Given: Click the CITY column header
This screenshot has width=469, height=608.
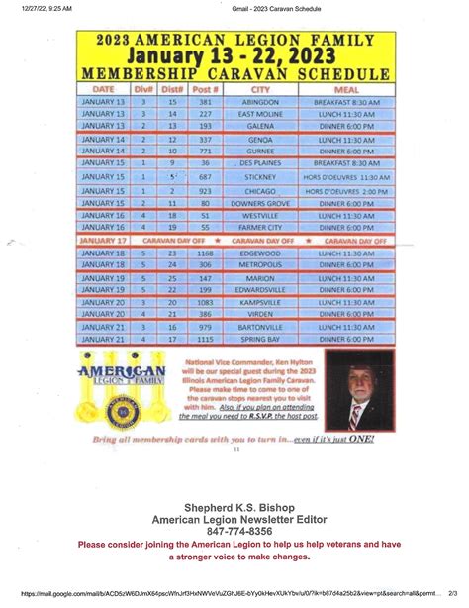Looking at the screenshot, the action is (x=261, y=89).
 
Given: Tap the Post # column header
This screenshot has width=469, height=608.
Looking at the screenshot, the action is (x=206, y=89).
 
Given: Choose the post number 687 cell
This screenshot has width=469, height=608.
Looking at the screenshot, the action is (x=206, y=177).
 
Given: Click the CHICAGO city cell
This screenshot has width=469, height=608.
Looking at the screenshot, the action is (x=261, y=190).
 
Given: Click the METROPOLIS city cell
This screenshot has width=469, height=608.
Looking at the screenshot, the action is (x=261, y=265).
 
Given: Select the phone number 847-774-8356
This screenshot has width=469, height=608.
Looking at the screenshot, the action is (x=234, y=531).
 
